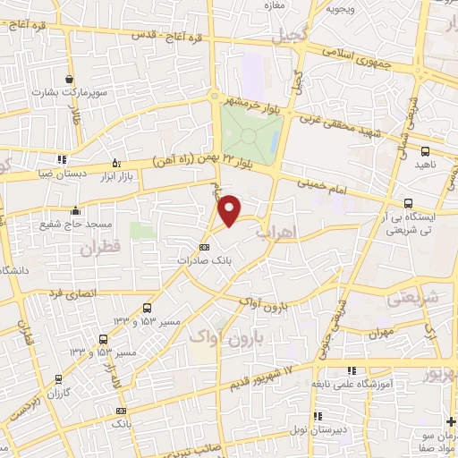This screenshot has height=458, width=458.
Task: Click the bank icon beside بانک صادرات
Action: pyautogui.click(x=204, y=246)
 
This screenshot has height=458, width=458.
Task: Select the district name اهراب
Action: pyautogui.click(x=274, y=231)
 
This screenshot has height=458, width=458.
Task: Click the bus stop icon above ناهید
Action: pyautogui.click(x=424, y=151)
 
